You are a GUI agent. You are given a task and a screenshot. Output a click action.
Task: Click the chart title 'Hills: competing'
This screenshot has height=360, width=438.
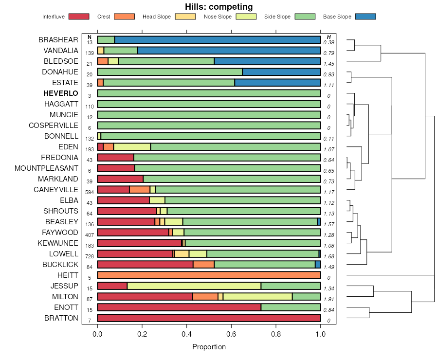pyautogui.click(x=219, y=7)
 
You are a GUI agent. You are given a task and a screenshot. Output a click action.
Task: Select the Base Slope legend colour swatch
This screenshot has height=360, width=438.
pyautogui.click(x=365, y=17)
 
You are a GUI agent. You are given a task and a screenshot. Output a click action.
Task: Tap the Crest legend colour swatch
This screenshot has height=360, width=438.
pyautogui.click(x=124, y=17)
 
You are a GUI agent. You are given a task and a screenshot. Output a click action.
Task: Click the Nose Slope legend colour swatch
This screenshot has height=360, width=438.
pyautogui.click(x=246, y=17)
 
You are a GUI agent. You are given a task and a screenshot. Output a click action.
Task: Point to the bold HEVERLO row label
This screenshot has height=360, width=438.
pyautogui.click(x=60, y=93)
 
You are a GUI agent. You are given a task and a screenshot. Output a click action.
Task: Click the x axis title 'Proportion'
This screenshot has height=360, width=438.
pyautogui.click(x=209, y=347)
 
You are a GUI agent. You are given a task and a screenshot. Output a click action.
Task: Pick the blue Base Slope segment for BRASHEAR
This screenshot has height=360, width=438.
pyautogui.click(x=218, y=40)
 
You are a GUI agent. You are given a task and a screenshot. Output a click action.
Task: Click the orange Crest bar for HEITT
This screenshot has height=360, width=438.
pyautogui.click(x=209, y=275)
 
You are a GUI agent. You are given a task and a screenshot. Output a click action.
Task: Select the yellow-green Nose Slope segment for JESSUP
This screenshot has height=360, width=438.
pyautogui.click(x=194, y=286)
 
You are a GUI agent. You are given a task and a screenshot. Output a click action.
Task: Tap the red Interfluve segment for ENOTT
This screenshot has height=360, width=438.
pyautogui.click(x=179, y=307)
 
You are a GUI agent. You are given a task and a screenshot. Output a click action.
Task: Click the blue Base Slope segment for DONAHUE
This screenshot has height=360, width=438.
pyautogui.click(x=281, y=72)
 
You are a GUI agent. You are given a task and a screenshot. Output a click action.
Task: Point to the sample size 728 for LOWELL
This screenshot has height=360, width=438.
pyautogui.click(x=89, y=256)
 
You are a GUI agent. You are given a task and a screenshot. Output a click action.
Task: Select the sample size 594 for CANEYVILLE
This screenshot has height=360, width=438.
pyautogui.click(x=89, y=192)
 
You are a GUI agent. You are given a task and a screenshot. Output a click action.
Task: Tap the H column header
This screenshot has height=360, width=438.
pyautogui.click(x=329, y=37)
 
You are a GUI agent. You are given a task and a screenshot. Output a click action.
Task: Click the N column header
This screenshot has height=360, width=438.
pyautogui.click(x=89, y=37)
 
